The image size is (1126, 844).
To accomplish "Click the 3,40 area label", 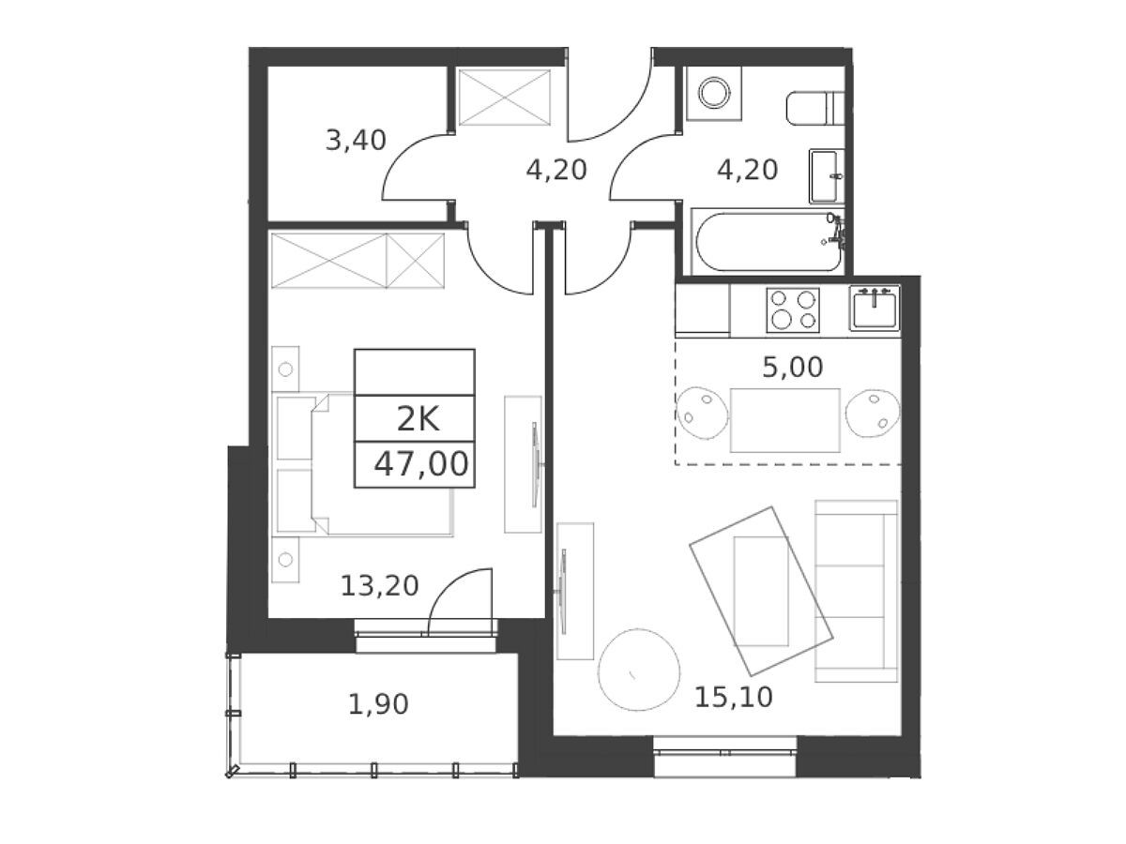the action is tap(356, 141).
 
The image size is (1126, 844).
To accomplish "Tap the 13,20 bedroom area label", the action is tap(380, 586).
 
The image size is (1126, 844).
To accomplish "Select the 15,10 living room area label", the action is tap(733, 698).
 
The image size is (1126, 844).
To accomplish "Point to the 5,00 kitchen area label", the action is tap(793, 367).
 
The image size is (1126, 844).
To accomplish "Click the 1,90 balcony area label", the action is tap(378, 704).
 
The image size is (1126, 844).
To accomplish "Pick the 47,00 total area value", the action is tap(420, 464).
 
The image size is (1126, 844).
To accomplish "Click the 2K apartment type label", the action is tap(418, 420).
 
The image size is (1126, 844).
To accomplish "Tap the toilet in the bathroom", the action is tap(815, 108).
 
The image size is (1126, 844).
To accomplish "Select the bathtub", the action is tap(768, 242).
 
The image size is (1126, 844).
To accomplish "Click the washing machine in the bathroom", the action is tap(714, 93).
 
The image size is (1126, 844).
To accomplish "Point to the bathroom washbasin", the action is tap(826, 176).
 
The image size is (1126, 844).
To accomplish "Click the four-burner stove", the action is tap(793, 310).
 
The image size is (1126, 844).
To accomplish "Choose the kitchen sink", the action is tap(875, 308).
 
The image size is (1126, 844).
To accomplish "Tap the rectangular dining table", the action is tap(784, 421).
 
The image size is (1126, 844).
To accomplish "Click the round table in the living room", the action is tap(639, 670).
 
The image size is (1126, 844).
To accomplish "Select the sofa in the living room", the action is tap(856, 591).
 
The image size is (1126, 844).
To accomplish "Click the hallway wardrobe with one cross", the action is tap(504, 98).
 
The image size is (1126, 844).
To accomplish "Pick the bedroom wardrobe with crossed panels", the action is tap(358, 261).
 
